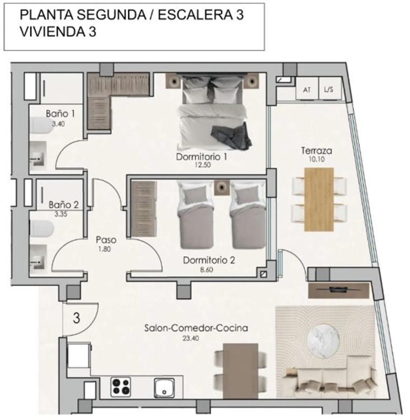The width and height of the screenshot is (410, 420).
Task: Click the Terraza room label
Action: coord(316,151)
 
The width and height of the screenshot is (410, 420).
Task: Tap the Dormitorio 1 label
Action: coord(201,156)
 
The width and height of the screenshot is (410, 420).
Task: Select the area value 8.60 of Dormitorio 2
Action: coord(207,269)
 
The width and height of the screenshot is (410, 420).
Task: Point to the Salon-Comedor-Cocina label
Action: coord(196,328)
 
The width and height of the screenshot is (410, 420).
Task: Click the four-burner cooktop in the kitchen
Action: coord(121,387)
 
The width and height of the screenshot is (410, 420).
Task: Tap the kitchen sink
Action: coord(164,387)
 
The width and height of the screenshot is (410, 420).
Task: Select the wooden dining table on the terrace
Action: coord(319,199)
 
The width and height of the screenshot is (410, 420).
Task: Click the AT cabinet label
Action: coord(307,90)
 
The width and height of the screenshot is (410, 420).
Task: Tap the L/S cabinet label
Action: coord(329,89)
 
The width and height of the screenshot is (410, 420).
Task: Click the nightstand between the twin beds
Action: coord(222,187)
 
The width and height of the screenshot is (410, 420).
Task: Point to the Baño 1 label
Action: coord(60,113)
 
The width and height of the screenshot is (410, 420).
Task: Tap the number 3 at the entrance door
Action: coord(77,318)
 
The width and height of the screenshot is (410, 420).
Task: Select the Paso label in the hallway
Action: coord(106,239)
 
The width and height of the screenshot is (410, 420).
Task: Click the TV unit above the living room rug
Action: coord(339,290)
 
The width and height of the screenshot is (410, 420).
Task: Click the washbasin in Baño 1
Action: coord(38,156)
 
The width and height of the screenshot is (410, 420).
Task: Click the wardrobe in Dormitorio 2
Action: coord(143,209)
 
